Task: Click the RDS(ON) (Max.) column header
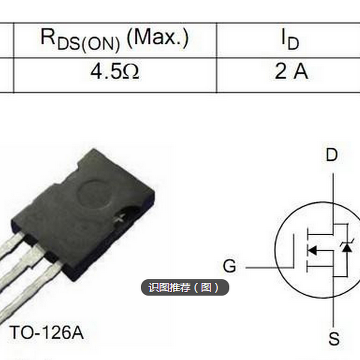(115, 39)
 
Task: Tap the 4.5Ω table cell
(115, 72)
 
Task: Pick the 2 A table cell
(290, 72)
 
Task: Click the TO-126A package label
(47, 332)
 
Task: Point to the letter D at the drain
(332, 155)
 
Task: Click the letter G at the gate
(230, 266)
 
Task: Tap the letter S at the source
(334, 339)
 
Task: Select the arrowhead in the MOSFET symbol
(312, 250)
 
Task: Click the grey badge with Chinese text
(185, 288)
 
